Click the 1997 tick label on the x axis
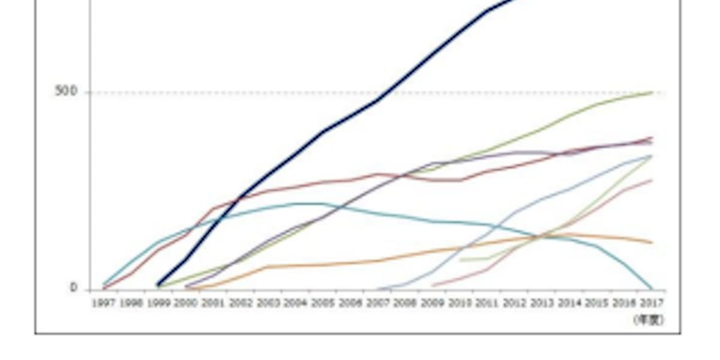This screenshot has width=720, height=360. click(x=103, y=304)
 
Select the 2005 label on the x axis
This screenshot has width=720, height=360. click(x=323, y=304)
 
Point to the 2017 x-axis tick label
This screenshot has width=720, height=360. click(x=652, y=304)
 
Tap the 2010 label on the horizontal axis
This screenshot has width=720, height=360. click(x=460, y=304)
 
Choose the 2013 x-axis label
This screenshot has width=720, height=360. click(x=542, y=304)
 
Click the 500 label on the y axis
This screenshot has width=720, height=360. click(x=66, y=92)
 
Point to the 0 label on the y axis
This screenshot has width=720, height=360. click(x=74, y=288)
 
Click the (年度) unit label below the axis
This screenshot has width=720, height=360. click(x=649, y=320)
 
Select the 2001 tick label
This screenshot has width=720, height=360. click(x=213, y=304)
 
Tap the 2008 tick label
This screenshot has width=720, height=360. click(x=405, y=304)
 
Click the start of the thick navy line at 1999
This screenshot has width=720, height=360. click(x=158, y=285)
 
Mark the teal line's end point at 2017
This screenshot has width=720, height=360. click(x=652, y=289)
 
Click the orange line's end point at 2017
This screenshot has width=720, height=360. click(x=652, y=242)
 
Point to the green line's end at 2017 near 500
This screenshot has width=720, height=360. click(x=652, y=92)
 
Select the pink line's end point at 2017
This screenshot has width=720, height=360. click(x=652, y=180)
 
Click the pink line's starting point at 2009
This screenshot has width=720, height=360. click(x=433, y=285)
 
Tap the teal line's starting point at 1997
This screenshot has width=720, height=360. click(x=104, y=284)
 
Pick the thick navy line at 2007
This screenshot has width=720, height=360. click(x=378, y=100)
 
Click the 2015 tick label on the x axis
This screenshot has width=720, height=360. click(x=597, y=304)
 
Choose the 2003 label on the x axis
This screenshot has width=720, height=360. click(x=268, y=304)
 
